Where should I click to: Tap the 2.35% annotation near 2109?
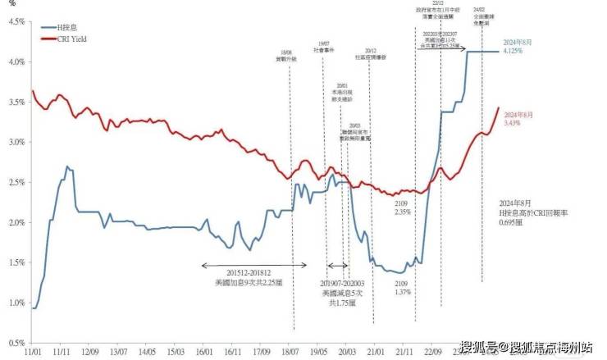[401, 212]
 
